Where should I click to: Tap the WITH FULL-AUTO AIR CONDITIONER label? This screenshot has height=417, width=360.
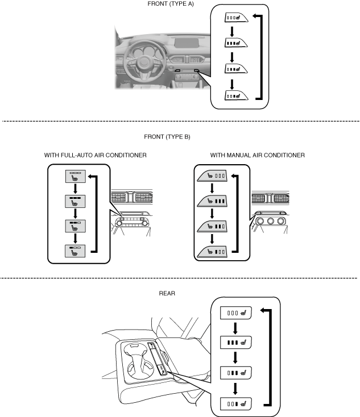(96, 155)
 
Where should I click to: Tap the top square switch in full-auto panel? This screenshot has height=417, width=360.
(75, 177)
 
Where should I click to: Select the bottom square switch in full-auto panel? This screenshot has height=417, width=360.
(75, 251)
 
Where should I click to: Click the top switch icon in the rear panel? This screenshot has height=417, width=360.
(236, 311)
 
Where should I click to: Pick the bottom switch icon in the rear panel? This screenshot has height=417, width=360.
(236, 405)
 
